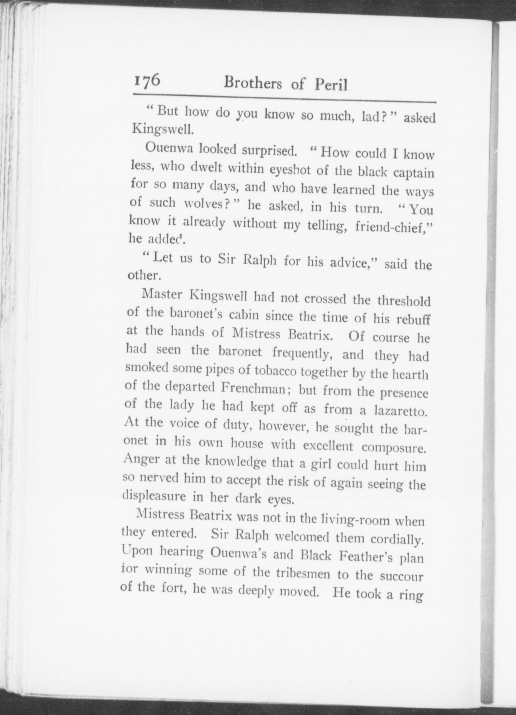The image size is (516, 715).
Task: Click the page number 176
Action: tap(147, 81)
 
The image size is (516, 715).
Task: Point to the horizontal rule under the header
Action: tap(284, 98)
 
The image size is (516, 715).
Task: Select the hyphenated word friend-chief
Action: tap(393, 227)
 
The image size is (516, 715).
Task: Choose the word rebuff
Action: tap(413, 319)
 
